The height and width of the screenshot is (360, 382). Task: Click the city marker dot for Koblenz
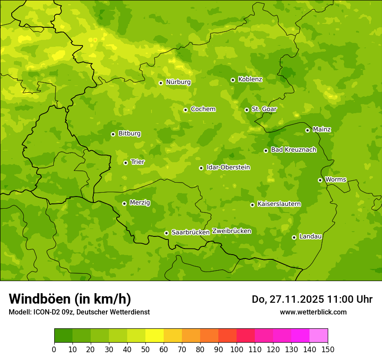click(x=233, y=80)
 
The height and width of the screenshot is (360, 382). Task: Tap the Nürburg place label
click(x=178, y=82)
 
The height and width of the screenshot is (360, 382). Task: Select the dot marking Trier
click(x=125, y=163)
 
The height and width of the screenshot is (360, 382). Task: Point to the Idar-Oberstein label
click(x=228, y=167)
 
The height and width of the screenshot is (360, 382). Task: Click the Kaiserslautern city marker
click(x=252, y=205)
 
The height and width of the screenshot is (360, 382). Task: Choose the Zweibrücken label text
click(x=231, y=231)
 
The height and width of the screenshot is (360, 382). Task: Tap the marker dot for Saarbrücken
click(x=166, y=233)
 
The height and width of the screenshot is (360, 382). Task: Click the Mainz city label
click(x=322, y=130)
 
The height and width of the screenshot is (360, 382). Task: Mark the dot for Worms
click(x=320, y=180)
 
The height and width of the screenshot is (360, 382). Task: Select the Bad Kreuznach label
click(x=293, y=150)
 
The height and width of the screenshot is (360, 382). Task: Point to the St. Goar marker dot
click(x=247, y=110)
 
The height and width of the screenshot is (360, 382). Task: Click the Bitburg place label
click(x=129, y=134)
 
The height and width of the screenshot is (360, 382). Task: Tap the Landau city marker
click(x=294, y=237)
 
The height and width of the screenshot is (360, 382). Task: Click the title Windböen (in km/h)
click(x=70, y=299)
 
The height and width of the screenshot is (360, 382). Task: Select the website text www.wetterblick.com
click(x=313, y=312)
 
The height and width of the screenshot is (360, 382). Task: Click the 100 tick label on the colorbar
click(x=237, y=349)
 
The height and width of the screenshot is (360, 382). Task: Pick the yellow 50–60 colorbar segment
click(x=155, y=336)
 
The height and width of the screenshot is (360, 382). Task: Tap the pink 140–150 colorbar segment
click(x=319, y=336)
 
